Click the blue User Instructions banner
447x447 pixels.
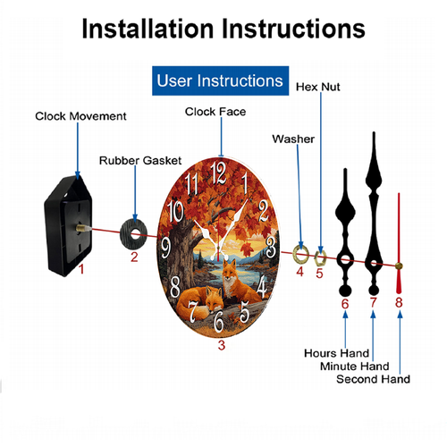coord(220,80)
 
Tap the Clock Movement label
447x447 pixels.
coord(80,116)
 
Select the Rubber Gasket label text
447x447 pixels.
coord(140,161)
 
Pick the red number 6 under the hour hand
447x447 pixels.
coord(345,304)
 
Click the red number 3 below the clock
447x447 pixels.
coord(222,345)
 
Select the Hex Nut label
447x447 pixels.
coord(318,87)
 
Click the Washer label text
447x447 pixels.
coord(293,139)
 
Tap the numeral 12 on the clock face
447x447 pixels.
coord(218,173)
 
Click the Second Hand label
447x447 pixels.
coord(373,379)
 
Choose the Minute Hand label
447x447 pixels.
coord(355,367)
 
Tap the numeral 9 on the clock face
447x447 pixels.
coord(165,248)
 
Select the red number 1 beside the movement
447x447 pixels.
coord(81,269)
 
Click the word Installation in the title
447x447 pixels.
coord(148,29)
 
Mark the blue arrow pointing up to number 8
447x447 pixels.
coord(400,342)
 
